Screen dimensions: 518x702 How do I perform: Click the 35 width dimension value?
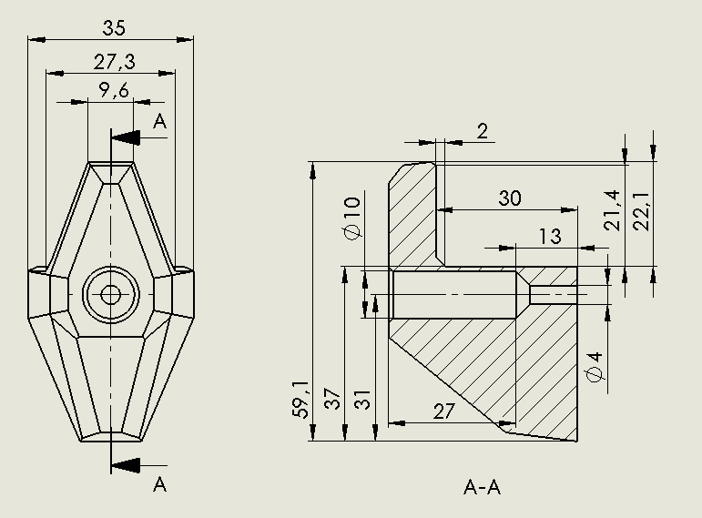[x=113, y=28]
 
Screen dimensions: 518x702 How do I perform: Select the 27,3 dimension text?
[x=115, y=62]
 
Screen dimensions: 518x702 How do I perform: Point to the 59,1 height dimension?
[x=300, y=399]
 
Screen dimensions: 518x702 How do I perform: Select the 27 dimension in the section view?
[x=443, y=411]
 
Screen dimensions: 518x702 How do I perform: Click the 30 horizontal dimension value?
[x=509, y=198]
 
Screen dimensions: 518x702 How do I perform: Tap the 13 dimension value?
[x=549, y=236]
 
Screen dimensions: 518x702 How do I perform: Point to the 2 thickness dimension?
[x=482, y=131]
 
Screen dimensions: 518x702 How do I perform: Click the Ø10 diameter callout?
[x=353, y=218]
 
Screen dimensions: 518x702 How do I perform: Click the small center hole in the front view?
[x=110, y=294]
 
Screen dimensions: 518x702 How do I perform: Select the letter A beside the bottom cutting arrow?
[x=160, y=483]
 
